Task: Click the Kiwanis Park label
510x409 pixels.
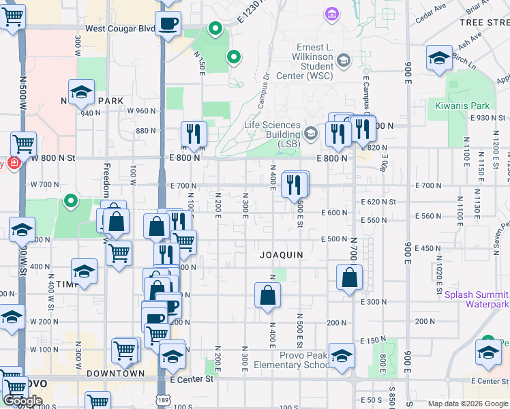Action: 462,106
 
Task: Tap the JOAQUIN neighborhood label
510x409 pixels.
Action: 280,254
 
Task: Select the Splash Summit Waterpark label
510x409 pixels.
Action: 476,299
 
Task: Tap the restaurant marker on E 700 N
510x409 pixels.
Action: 295,185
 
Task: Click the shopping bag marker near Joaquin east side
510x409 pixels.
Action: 349,278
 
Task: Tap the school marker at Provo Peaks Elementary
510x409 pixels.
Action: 342,356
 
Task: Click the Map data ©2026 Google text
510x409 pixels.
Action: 468,404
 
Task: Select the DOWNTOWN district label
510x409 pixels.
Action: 115,373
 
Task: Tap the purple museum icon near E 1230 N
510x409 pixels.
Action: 331,14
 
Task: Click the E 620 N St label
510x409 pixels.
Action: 378,202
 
